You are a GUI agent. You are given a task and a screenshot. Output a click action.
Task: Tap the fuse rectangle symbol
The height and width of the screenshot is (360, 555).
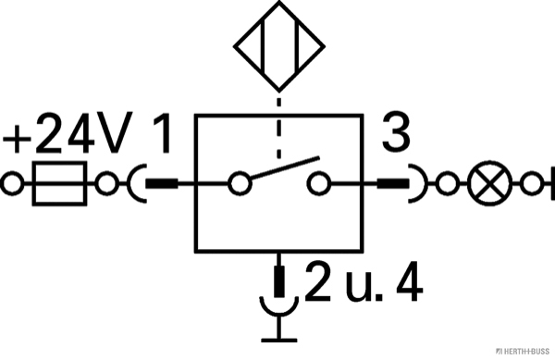coord(60,183)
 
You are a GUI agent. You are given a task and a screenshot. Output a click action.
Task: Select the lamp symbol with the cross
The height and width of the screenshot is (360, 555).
coord(490,183)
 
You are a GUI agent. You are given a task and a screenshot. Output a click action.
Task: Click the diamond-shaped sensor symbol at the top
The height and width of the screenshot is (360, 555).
coord(279,46)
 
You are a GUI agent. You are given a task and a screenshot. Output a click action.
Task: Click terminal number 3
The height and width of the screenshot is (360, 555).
coord(396,132)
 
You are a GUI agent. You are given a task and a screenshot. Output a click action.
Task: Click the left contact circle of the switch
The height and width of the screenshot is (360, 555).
coord(240,183)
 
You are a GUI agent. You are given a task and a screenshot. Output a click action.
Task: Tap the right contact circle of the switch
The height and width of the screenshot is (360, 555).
coord(319,183)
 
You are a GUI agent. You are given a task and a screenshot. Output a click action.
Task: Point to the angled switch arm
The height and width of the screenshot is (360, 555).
coord(285,168)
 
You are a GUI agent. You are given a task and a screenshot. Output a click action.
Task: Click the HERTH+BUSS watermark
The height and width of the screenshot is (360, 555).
coord(523,351)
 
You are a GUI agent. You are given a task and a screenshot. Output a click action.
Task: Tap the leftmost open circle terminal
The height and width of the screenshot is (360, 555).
coord(12,183)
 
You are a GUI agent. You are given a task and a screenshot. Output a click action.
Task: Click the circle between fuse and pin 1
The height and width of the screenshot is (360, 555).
coord(107,183)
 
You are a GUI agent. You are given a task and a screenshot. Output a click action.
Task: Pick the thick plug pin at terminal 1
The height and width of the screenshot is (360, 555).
coord(162,183)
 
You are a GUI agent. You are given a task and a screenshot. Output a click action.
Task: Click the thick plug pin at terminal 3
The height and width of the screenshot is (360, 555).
coord(393,183)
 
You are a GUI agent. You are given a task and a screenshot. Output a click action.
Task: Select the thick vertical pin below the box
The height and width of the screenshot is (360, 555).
coord(279,281)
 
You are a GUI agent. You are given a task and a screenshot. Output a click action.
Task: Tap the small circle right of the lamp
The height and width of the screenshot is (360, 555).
coord(532,183)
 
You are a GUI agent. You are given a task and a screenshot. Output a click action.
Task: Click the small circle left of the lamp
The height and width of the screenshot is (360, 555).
coord(448,183)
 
